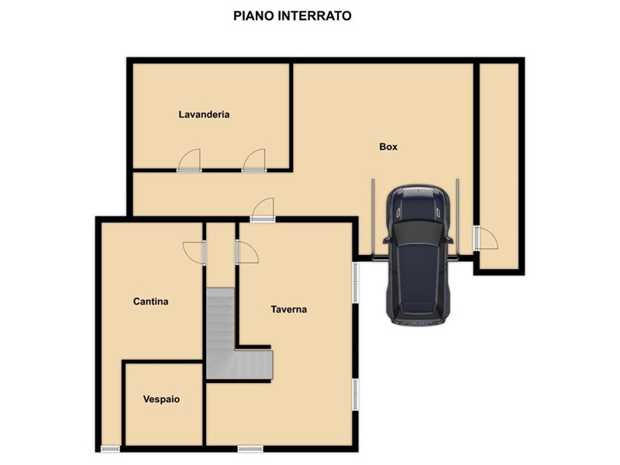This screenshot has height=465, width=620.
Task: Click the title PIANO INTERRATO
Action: tap(292, 15)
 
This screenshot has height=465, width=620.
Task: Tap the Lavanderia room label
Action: tap(204, 114)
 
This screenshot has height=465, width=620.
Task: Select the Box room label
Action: tap(388, 146)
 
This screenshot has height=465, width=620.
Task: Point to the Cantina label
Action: tap(150, 301)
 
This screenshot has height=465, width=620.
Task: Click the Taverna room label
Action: tap(288, 309)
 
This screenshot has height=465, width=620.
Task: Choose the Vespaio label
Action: tap(161, 399)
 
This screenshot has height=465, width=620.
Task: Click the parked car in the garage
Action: tap(418, 255)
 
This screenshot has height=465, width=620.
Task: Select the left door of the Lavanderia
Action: tap(189, 160)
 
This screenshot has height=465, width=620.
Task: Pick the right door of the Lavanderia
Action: tap(254, 160)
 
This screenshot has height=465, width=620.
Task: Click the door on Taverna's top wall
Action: tap(263, 209)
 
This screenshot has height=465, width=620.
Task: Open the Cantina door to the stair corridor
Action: tap(195, 253)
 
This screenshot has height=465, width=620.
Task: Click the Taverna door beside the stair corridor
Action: tap(247, 253)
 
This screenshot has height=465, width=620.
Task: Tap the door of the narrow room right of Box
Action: tap(486, 238)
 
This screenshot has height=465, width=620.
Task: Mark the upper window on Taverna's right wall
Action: tap(356, 282)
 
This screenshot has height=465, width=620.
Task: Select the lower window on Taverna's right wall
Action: tap(356, 394)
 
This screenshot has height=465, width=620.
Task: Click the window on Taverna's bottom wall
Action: tap(250, 449)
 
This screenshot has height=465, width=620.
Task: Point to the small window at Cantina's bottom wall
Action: tap(110, 449)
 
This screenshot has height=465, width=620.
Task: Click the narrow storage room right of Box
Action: tap(499, 166)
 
